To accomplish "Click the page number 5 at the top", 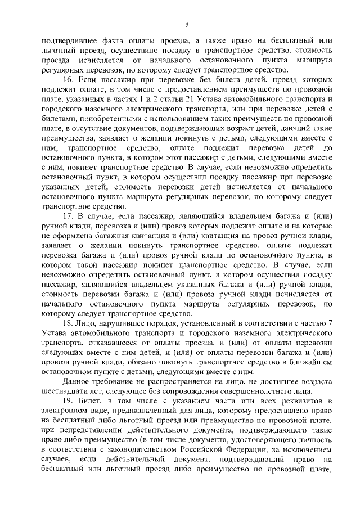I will click(x=186, y=24).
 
